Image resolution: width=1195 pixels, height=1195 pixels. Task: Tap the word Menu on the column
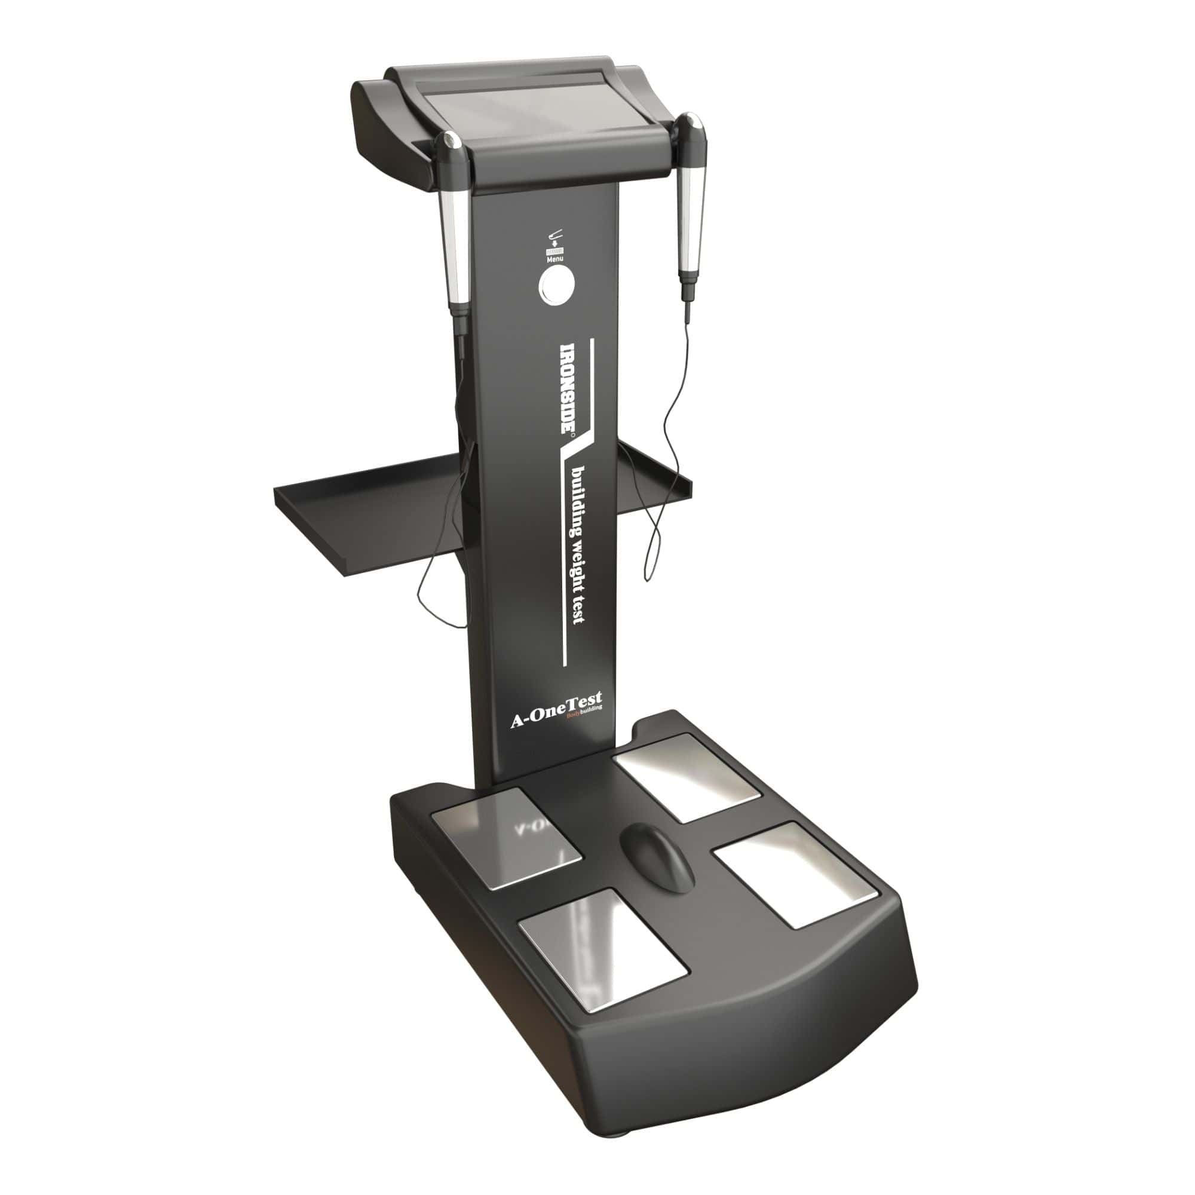554,259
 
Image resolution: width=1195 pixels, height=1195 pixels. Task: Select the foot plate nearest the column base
687,777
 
